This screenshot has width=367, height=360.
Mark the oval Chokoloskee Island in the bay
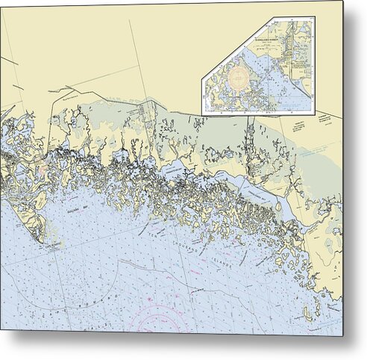279,206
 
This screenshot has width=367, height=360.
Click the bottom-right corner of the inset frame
314,114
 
